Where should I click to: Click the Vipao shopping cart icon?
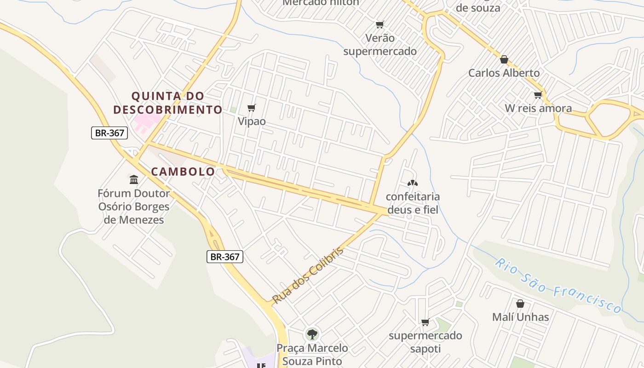tap(251, 108)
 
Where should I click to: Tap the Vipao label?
tap(252, 121)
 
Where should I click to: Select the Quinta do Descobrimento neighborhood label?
tap(168, 103)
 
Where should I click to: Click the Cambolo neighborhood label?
tap(183, 172)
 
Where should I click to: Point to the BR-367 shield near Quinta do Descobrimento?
tap(109, 133)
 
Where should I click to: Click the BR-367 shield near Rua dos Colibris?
tap(224, 257)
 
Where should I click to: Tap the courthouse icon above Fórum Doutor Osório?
tap(134, 179)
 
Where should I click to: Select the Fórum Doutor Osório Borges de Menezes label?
tap(134, 207)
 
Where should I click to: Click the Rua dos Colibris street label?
tap(308, 276)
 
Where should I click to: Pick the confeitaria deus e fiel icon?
tap(413, 183)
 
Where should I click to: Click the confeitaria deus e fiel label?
tap(413, 203)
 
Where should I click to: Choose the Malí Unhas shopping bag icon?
tap(520, 304)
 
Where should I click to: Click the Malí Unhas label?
tap(520, 317)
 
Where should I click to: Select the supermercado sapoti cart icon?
tap(425, 322)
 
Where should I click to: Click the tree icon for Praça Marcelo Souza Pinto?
tap(312, 334)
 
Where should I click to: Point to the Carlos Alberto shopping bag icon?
tap(504, 59)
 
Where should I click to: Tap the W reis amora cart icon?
tap(538, 95)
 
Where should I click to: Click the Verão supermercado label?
tap(380, 45)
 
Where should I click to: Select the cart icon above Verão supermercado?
tap(379, 24)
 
